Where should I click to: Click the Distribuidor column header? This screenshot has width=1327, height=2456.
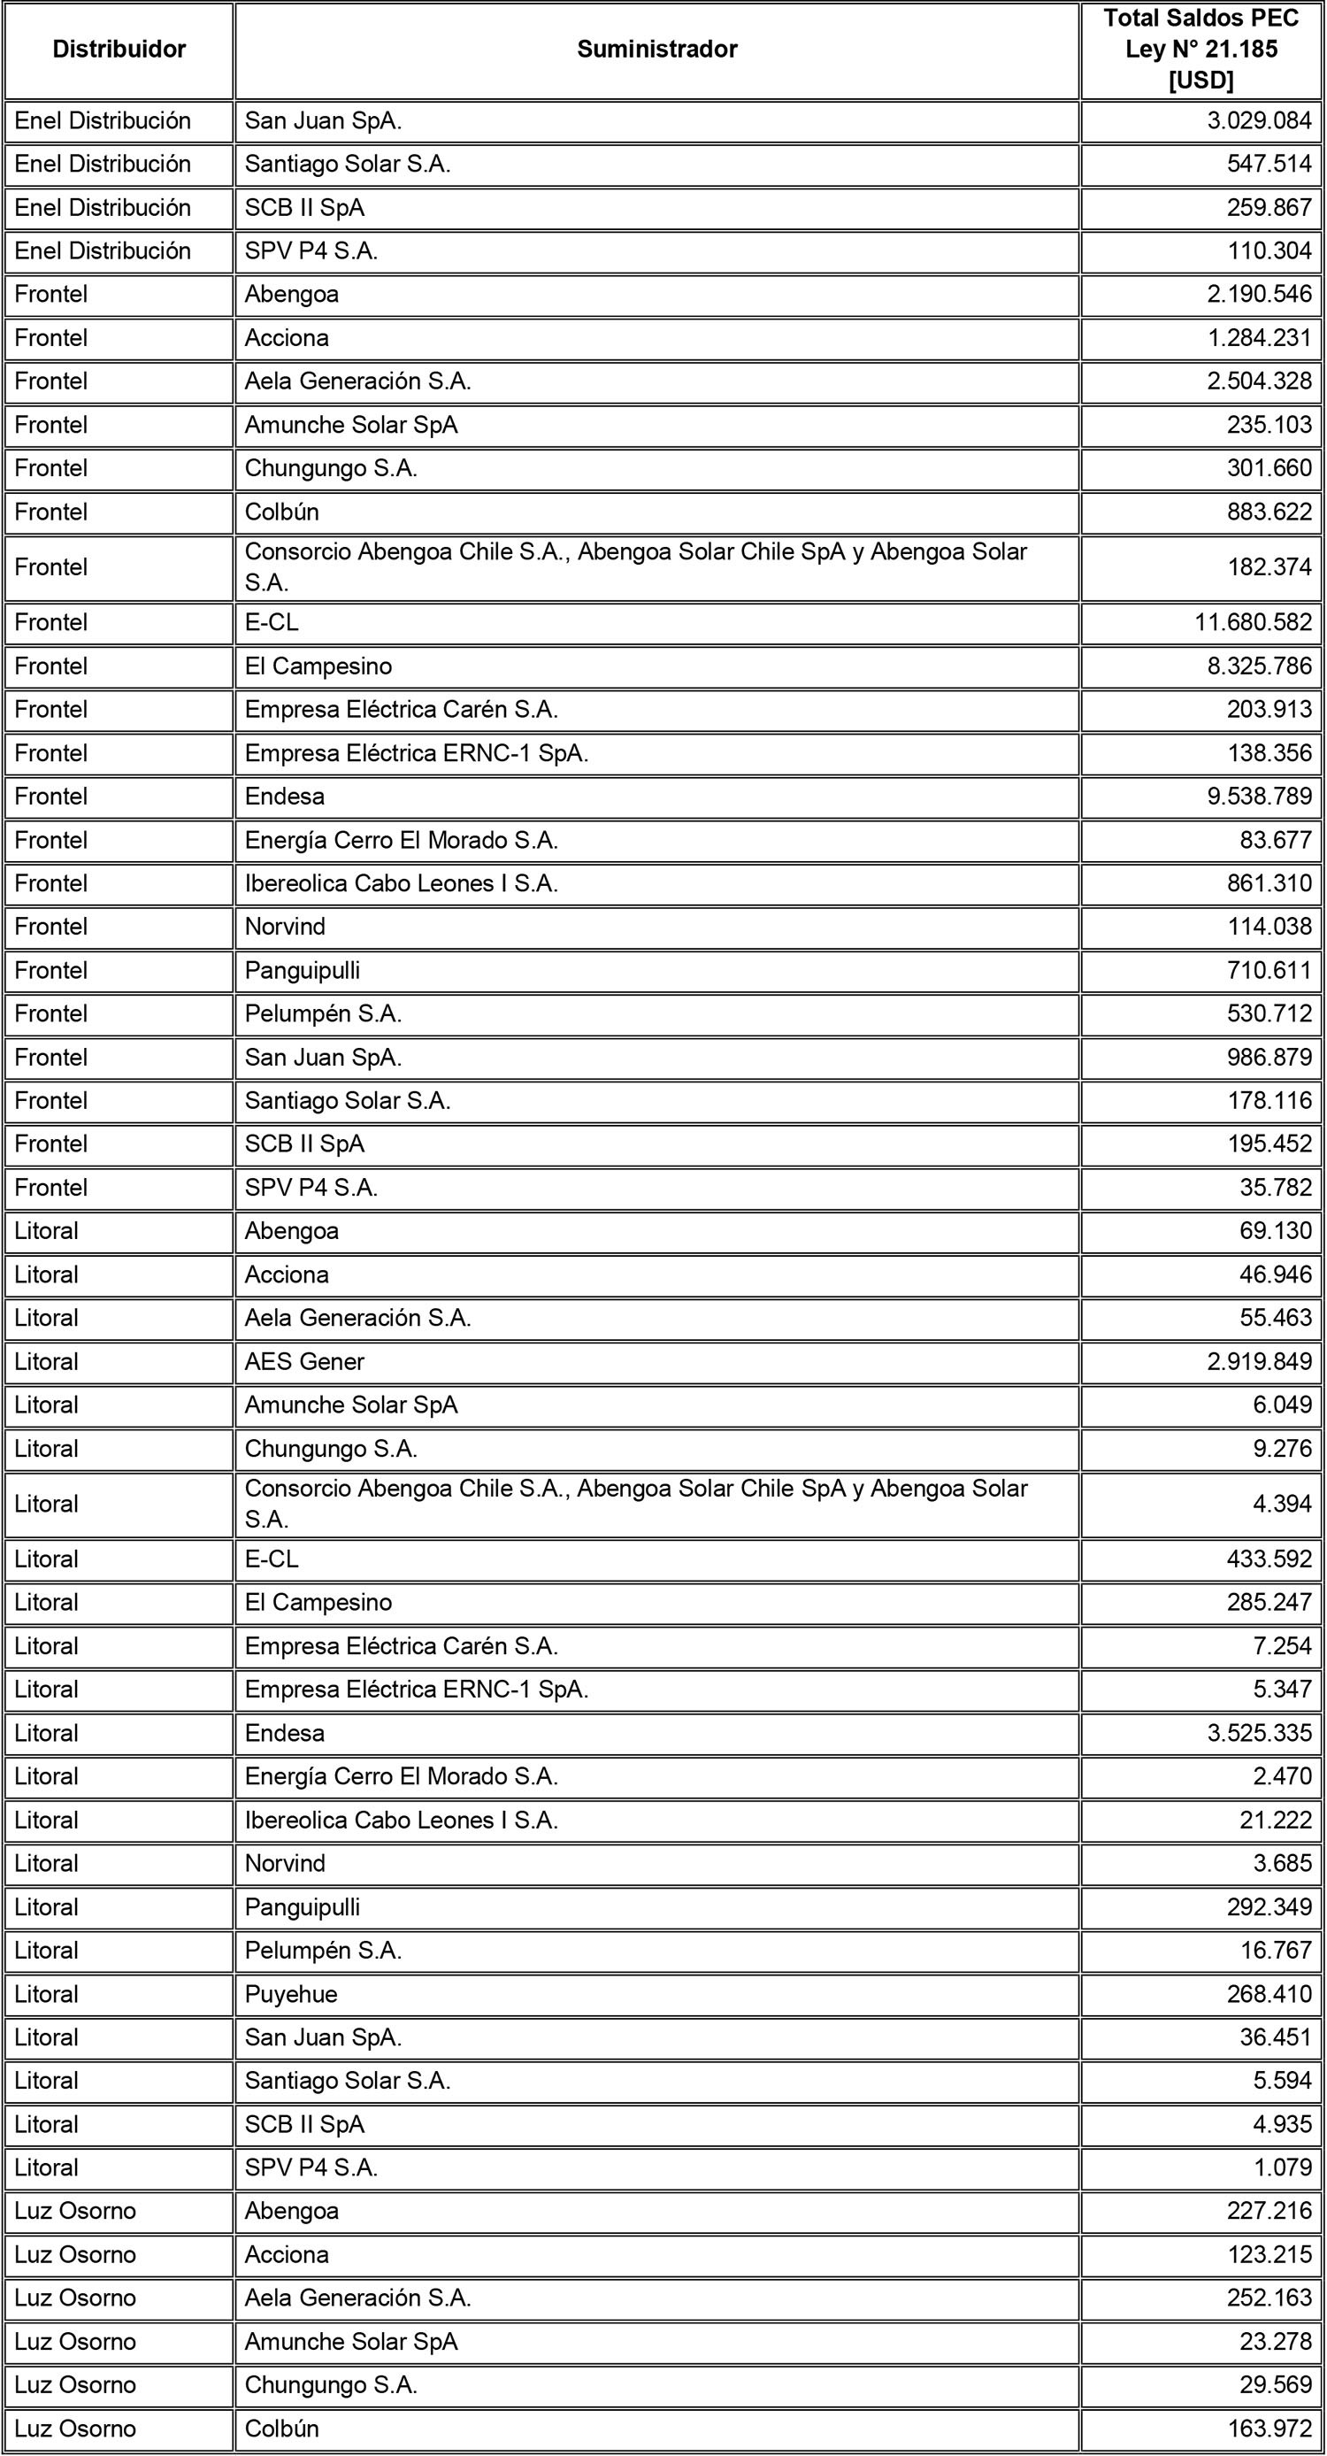(119, 50)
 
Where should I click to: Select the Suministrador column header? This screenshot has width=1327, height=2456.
(656, 50)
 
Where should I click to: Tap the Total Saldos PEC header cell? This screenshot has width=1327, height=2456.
(1200, 50)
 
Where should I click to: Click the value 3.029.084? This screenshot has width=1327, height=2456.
(1258, 121)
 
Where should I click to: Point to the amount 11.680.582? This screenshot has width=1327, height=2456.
(1253, 622)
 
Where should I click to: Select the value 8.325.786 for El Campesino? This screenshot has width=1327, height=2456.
(1258, 666)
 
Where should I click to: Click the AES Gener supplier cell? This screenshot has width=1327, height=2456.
(305, 1361)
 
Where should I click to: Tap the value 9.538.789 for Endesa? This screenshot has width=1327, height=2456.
(1258, 797)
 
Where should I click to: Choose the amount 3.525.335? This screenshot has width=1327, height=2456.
(1258, 1733)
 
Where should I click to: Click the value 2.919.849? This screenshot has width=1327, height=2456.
(1258, 1361)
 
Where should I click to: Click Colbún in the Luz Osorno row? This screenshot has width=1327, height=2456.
(282, 2429)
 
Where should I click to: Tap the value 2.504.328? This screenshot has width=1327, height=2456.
(1258, 381)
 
